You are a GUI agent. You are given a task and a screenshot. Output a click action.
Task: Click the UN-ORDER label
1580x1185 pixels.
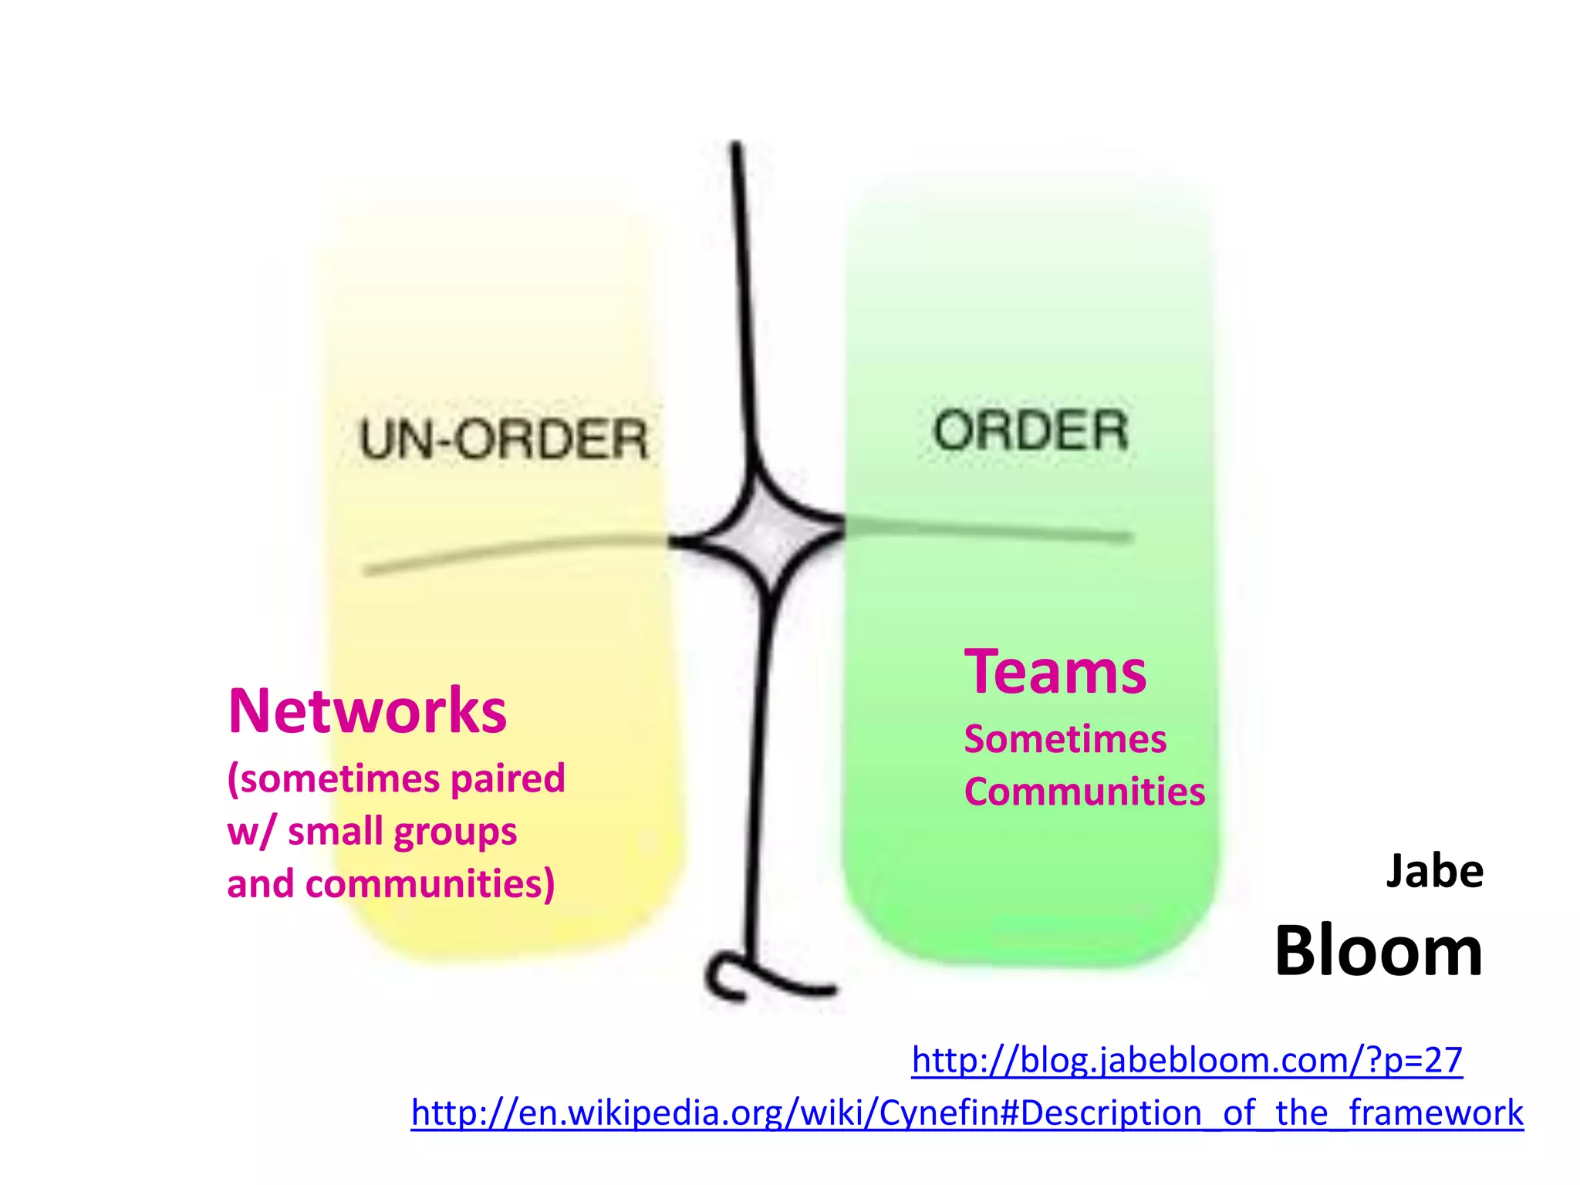click(x=503, y=440)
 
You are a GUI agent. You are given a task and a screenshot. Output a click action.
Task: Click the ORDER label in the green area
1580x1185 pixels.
click(x=1031, y=430)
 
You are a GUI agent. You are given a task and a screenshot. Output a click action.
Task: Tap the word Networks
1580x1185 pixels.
click(x=367, y=711)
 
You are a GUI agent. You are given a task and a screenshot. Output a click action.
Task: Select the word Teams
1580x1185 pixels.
click(x=1055, y=673)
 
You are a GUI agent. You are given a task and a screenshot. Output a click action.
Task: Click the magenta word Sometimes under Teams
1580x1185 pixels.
click(x=1065, y=739)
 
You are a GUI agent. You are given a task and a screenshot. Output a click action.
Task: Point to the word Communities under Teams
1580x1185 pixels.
click(x=1084, y=792)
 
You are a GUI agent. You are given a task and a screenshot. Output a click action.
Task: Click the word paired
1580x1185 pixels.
click(x=508, y=778)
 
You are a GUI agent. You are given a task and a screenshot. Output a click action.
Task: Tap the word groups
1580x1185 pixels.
click(x=455, y=832)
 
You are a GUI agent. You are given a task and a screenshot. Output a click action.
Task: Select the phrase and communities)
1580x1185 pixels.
click(x=390, y=884)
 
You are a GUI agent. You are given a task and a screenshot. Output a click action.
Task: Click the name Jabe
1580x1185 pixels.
click(x=1434, y=872)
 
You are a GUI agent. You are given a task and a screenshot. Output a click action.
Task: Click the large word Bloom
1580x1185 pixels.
click(x=1378, y=951)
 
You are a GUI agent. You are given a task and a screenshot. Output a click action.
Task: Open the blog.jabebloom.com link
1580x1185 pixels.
click(x=1187, y=1060)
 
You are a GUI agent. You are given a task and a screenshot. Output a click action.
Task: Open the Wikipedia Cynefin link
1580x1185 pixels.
click(x=967, y=1113)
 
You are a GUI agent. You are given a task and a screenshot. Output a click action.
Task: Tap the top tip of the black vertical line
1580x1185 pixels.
click(x=737, y=147)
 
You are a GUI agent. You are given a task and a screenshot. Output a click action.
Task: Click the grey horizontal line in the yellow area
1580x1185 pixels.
click(x=509, y=549)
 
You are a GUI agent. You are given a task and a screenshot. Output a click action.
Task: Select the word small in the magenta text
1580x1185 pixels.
click(x=336, y=832)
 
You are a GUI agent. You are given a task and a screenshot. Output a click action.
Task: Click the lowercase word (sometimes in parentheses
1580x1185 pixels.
click(x=335, y=778)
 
